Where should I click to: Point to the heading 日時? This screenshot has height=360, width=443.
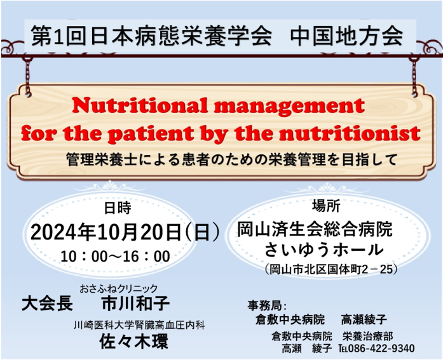[118, 208]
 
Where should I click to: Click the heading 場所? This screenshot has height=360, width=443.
[326, 206]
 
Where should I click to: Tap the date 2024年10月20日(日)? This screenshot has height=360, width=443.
[125, 232]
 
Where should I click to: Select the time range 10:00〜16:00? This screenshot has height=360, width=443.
[115, 257]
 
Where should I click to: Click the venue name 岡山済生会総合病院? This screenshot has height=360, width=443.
[315, 229]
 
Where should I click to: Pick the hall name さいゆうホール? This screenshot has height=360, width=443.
[324, 250]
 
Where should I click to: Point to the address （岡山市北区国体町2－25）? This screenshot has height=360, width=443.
[331, 269]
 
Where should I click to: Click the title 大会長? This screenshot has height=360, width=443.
[48, 303]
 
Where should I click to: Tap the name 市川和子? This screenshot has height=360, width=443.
[136, 303]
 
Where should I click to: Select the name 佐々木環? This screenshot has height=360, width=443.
[134, 341]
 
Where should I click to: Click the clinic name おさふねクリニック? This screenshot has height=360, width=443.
[119, 288]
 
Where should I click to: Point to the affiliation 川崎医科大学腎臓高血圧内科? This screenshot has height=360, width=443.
[139, 325]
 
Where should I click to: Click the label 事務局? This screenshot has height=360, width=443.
[267, 305]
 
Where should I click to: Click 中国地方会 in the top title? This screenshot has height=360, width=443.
[346, 36]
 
